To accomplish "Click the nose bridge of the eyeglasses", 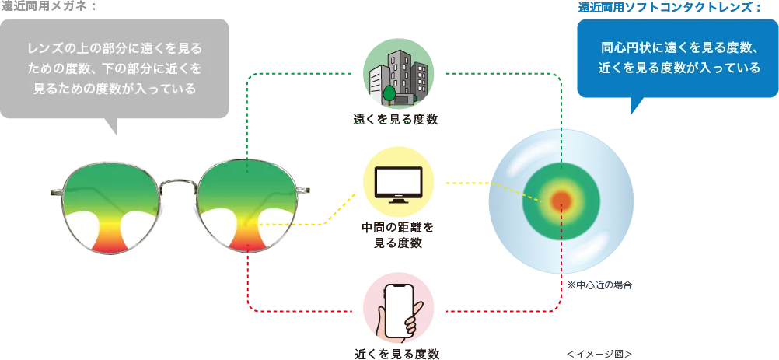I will [x=182, y=187].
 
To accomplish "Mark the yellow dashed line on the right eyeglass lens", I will [x=272, y=224].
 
